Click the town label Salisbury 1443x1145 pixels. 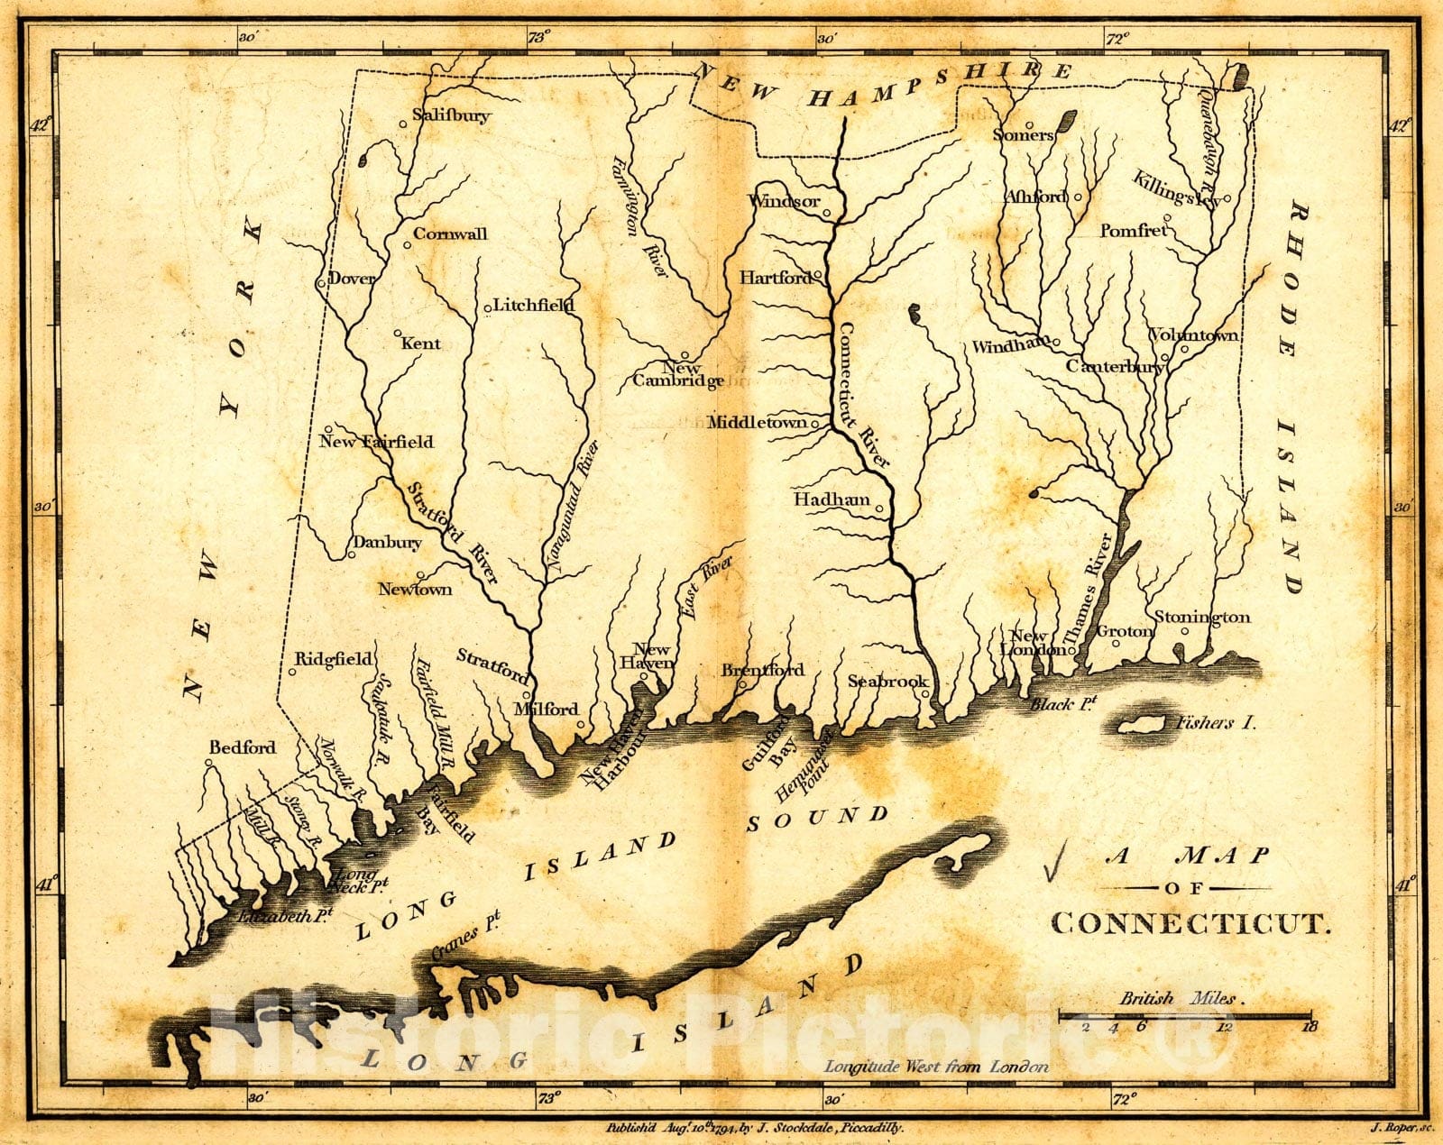(451, 115)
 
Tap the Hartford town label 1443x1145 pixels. (775, 278)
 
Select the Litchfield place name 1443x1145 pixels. (533, 305)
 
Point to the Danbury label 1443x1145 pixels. (387, 542)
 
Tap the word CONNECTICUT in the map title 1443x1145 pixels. (1190, 923)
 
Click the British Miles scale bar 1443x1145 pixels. (1185, 1015)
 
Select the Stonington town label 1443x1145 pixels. (1202, 618)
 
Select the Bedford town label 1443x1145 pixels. (242, 747)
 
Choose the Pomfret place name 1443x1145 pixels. (1133, 231)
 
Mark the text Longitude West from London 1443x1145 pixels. (936, 1067)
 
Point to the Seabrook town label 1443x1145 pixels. (887, 682)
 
